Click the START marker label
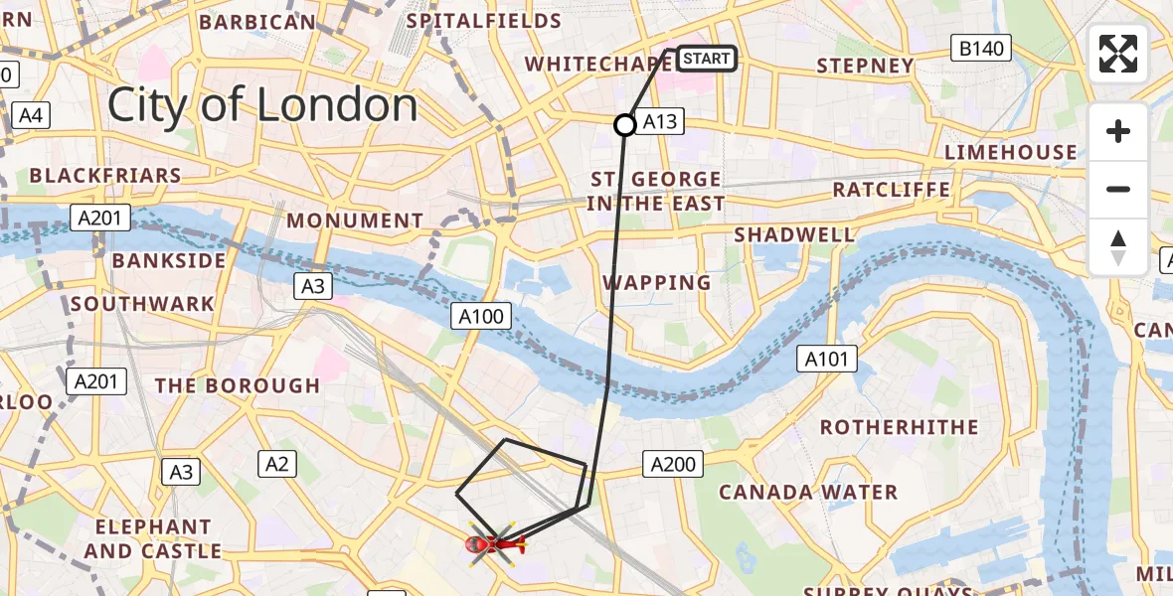[707, 59]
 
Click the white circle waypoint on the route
[624, 125]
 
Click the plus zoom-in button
[1118, 131]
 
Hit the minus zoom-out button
[1118, 189]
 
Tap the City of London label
[262, 105]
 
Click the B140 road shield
[980, 48]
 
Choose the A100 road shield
[482, 317]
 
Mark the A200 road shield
[673, 463]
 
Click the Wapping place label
[657, 283]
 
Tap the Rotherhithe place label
[899, 427]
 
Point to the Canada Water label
[808, 493]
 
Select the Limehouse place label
[1010, 152]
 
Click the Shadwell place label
[793, 235]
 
